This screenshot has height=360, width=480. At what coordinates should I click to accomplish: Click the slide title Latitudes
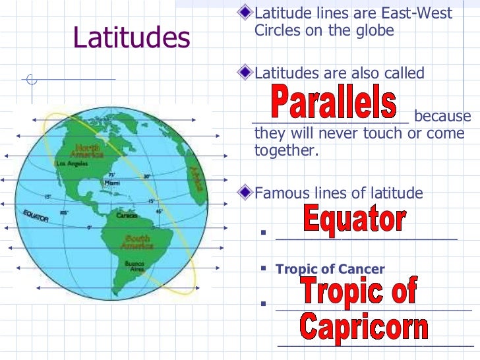click(132, 39)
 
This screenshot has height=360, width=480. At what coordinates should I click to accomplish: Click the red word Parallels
click(334, 105)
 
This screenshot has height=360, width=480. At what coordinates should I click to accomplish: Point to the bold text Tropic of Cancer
click(330, 269)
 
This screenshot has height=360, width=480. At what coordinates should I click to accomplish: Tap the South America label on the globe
click(136, 242)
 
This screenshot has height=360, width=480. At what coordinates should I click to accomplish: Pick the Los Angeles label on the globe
click(71, 163)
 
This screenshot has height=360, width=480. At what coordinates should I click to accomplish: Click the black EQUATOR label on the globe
click(36, 216)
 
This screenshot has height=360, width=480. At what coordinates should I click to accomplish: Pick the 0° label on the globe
click(89, 227)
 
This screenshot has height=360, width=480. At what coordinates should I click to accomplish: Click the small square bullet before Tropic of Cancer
click(262, 268)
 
